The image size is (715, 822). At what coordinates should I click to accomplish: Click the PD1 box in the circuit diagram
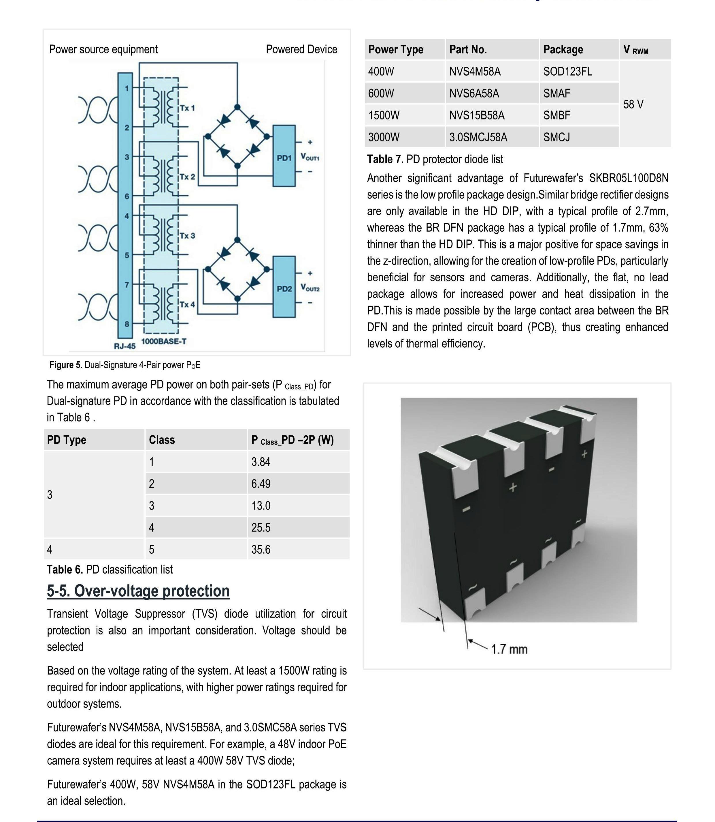pos(284,156)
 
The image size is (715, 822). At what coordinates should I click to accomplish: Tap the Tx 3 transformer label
pos(187,236)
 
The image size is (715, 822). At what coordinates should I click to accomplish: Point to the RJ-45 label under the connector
pos(125,346)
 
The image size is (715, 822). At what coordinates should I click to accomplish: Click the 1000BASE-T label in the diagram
pos(164,342)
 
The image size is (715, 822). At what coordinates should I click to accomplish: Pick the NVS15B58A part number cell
pos(477,115)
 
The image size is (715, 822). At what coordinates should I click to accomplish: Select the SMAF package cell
pos(556,93)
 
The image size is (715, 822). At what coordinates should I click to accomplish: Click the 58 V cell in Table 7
pos(634,104)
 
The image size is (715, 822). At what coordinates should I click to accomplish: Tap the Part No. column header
pos(468,50)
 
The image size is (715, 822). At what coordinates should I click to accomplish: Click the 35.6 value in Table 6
pos(261,550)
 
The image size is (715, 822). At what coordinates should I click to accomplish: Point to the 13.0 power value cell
pos(261,506)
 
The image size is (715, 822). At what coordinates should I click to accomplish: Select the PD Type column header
pos(67,440)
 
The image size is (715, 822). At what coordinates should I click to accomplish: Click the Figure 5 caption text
pos(125,365)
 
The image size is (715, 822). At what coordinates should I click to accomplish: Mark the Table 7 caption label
pos(435,159)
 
